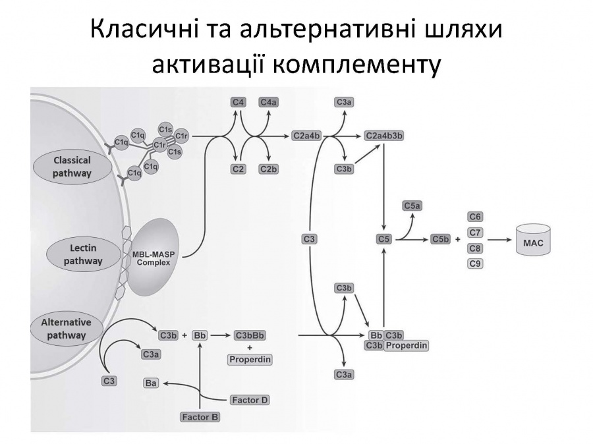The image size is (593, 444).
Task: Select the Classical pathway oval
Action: click(72, 167)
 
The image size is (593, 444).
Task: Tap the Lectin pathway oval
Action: click(83, 254)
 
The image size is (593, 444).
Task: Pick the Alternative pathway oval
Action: click(66, 329)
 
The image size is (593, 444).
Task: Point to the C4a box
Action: click(269, 102)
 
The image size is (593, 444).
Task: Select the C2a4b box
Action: click(306, 136)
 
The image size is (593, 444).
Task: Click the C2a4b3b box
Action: click(384, 136)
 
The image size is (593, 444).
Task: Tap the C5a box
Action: click(412, 206)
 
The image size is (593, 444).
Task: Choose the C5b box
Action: click(441, 239)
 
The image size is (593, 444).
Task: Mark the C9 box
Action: click(475, 264)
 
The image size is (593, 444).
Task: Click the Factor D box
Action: click(250, 400)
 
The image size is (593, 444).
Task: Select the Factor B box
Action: click(200, 417)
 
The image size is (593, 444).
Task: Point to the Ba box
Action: click(151, 383)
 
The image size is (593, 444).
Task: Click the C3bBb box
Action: click(250, 335)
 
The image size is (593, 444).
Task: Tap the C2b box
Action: click(269, 169)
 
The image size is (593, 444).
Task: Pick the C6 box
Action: click(475, 217)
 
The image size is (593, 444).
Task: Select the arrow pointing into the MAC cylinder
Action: click(500, 239)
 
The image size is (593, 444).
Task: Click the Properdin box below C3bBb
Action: click(250, 359)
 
